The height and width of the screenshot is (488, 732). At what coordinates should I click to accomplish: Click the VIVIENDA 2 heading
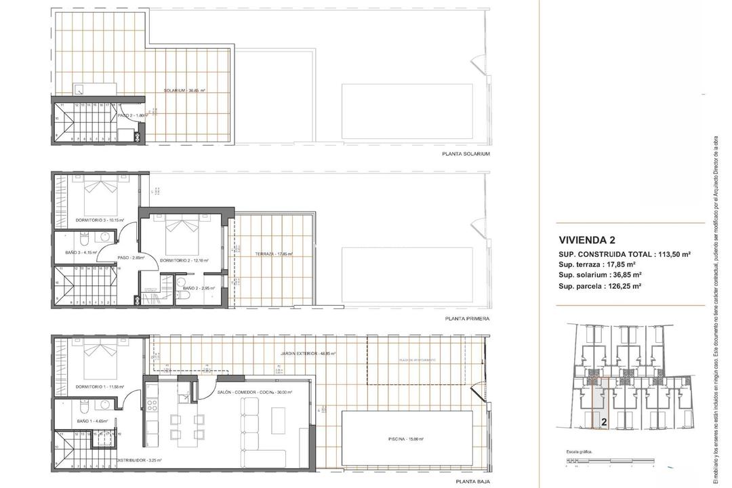click(x=587, y=239)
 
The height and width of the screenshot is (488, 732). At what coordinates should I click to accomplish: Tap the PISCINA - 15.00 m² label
click(x=406, y=439)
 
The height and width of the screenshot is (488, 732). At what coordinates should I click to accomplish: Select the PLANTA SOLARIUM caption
click(x=466, y=154)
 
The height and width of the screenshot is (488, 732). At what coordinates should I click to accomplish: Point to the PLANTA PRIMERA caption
click(x=467, y=318)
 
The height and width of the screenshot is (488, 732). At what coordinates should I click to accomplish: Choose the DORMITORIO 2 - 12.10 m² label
click(x=184, y=260)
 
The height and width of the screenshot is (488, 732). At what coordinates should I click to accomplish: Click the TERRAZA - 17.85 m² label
click(x=264, y=254)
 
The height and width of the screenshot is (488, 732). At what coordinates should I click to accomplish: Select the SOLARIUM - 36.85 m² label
click(x=184, y=91)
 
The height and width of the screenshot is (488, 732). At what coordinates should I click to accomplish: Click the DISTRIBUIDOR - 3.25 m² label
click(x=138, y=460)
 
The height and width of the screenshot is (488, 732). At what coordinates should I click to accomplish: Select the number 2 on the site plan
click(x=603, y=421)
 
